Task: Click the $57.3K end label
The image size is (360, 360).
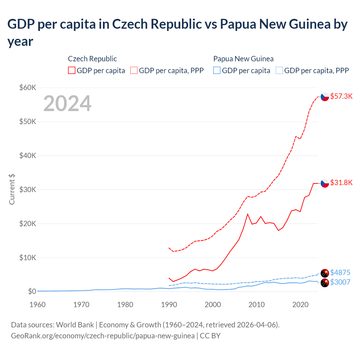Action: tap(341, 96)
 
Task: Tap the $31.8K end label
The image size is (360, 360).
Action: tap(341, 183)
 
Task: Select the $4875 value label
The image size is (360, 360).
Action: tap(340, 273)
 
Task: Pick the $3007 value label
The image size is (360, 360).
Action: tap(340, 282)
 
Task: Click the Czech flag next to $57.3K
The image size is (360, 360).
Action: tap(325, 97)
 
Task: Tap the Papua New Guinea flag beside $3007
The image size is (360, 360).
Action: tap(325, 283)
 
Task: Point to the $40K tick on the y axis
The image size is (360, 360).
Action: tap(28, 156)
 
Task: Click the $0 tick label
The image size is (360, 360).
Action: tap(32, 291)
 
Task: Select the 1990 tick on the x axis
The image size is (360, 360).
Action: tap(169, 305)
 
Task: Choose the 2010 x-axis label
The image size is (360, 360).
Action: tap(256, 305)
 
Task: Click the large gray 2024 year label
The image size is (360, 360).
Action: tap(67, 104)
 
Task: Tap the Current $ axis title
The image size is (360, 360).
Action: tap(12, 189)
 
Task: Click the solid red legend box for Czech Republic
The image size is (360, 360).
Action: tap(72, 70)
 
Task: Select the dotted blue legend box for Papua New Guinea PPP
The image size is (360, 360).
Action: tap(279, 70)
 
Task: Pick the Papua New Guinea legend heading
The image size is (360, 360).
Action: tap(243, 59)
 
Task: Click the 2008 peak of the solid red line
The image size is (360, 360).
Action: tap(247, 214)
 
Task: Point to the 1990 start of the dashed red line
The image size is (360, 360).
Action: tap(169, 248)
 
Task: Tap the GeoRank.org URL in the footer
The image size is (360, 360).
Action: tap(103, 336)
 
